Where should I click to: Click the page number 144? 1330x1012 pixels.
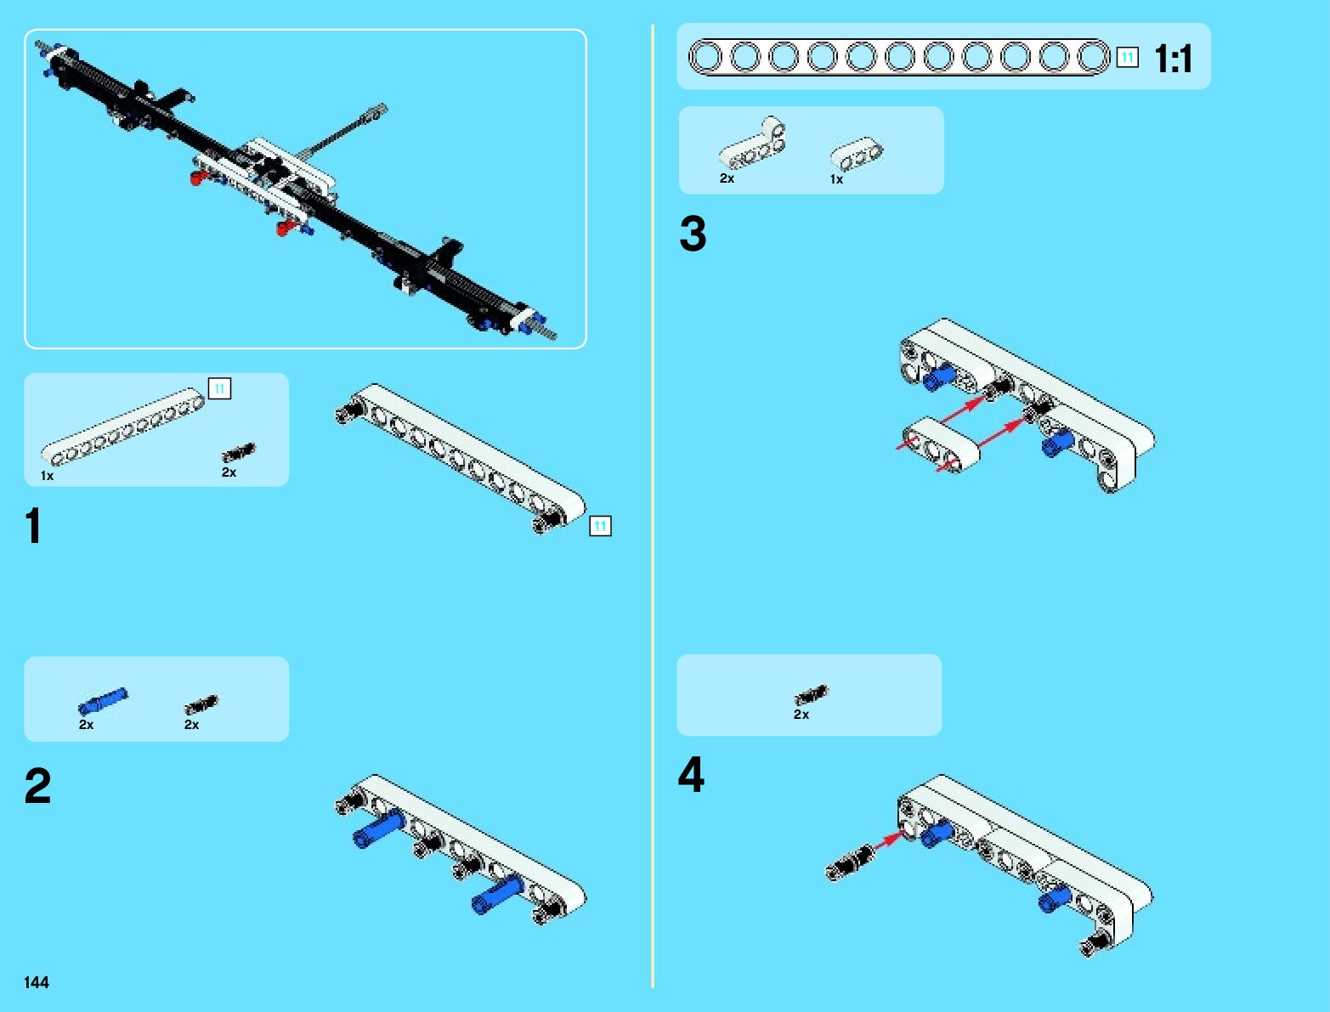coord(37,982)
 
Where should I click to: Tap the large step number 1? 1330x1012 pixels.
coord(34,526)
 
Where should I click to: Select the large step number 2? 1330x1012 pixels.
coord(37,786)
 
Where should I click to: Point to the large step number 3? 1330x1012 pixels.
coord(693,234)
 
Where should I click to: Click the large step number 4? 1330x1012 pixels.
coord(692,775)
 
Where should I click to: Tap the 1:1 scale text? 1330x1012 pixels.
coord(1173,59)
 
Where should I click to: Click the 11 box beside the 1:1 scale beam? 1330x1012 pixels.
coord(1127,58)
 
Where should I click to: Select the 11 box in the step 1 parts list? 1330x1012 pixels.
coord(219,388)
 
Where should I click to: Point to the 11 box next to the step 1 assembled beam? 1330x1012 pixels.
coord(600,526)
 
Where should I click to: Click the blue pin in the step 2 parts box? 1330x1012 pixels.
coord(102,701)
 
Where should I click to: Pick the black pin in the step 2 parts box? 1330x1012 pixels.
coord(201,704)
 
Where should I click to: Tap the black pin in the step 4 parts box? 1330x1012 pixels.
coord(812,695)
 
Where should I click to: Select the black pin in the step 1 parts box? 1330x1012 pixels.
coord(238,452)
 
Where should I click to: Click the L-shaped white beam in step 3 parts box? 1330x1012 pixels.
coord(752,143)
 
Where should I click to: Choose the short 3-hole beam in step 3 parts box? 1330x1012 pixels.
coord(856,153)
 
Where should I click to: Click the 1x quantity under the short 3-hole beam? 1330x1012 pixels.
coord(836,179)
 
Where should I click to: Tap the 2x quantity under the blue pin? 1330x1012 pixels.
coord(86,724)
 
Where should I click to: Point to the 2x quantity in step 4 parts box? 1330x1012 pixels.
coord(801,715)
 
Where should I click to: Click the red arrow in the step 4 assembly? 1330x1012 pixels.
coord(888,841)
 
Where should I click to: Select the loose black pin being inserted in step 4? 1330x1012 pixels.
coord(850,862)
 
